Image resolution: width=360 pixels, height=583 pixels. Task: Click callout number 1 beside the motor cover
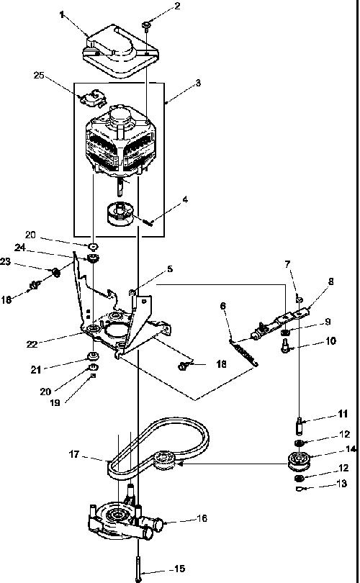(x=62, y=14)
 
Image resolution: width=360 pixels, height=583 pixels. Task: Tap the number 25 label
(x=39, y=75)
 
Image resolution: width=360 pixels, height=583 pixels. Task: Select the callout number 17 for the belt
(x=74, y=454)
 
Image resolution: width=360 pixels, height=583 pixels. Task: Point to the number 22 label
(x=32, y=344)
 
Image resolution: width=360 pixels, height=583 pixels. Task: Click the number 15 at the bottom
(x=179, y=569)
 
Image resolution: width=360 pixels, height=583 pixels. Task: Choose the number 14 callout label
(x=351, y=449)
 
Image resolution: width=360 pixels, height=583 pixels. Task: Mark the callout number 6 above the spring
(x=222, y=306)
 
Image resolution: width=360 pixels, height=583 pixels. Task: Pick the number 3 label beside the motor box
(x=198, y=83)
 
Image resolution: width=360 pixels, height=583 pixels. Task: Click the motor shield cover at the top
(x=121, y=50)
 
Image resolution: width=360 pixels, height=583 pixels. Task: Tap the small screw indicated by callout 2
(x=146, y=25)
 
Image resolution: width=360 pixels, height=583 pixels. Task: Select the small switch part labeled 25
(x=93, y=97)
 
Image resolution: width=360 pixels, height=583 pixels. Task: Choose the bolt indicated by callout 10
(x=286, y=345)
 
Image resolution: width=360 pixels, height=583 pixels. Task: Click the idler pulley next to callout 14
(x=299, y=461)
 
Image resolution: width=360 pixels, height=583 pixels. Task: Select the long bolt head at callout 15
(x=138, y=579)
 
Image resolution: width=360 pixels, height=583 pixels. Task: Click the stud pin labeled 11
(x=299, y=427)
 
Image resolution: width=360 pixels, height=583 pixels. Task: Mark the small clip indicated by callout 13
(x=299, y=489)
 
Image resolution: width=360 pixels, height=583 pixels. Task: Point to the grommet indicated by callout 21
(x=92, y=356)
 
